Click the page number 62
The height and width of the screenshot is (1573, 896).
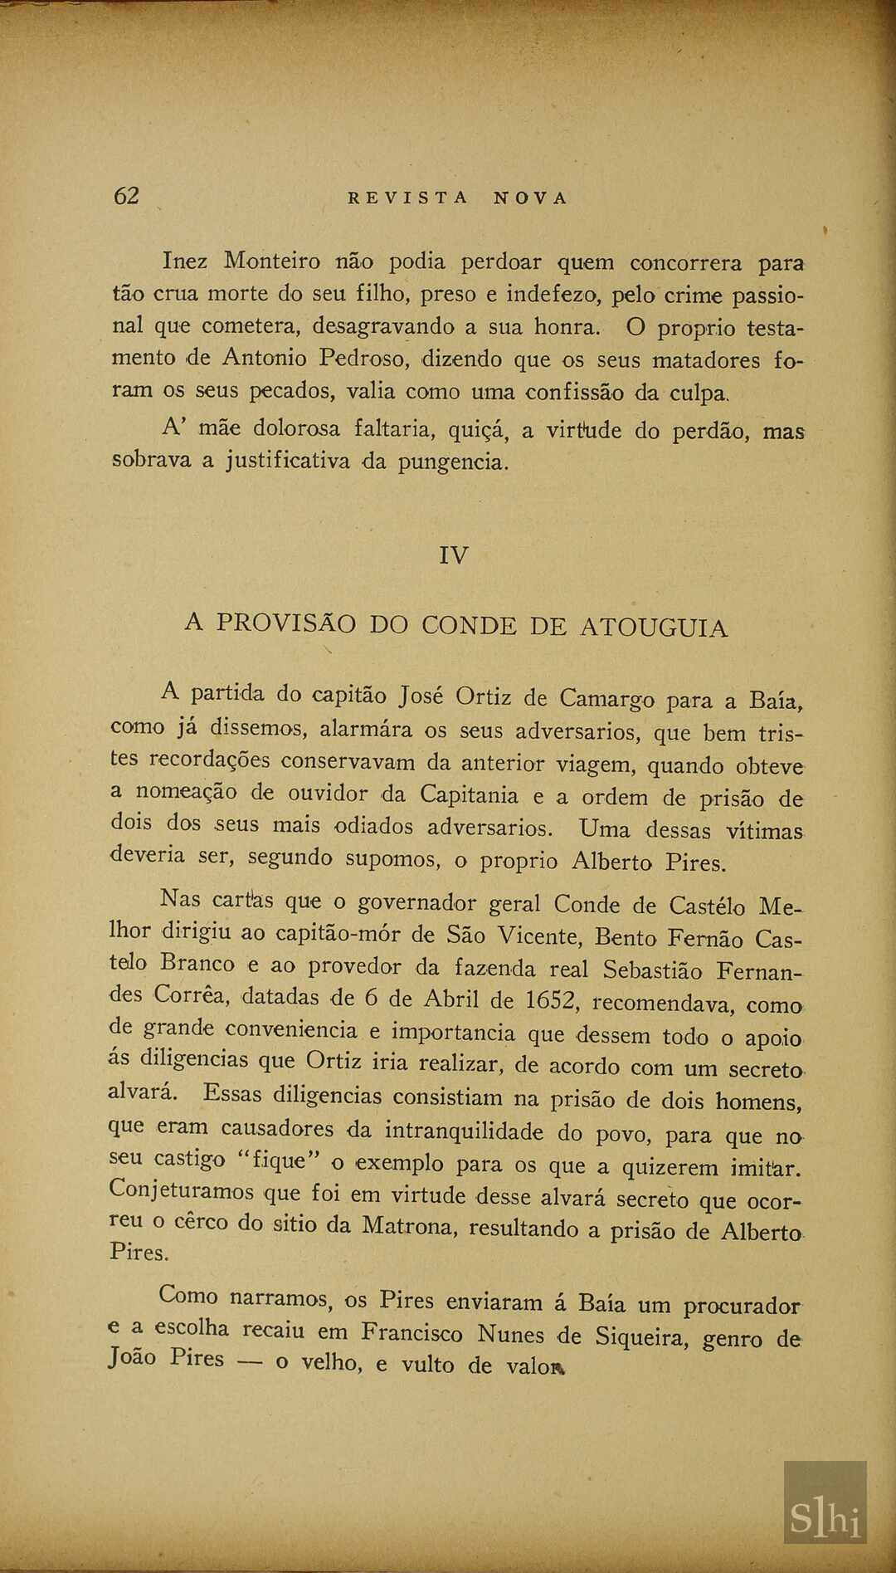126,196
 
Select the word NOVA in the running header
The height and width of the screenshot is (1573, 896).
531,198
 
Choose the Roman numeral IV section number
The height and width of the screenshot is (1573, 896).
454,555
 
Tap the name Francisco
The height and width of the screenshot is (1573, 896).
411,1333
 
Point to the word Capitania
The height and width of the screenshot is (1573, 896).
469,794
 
